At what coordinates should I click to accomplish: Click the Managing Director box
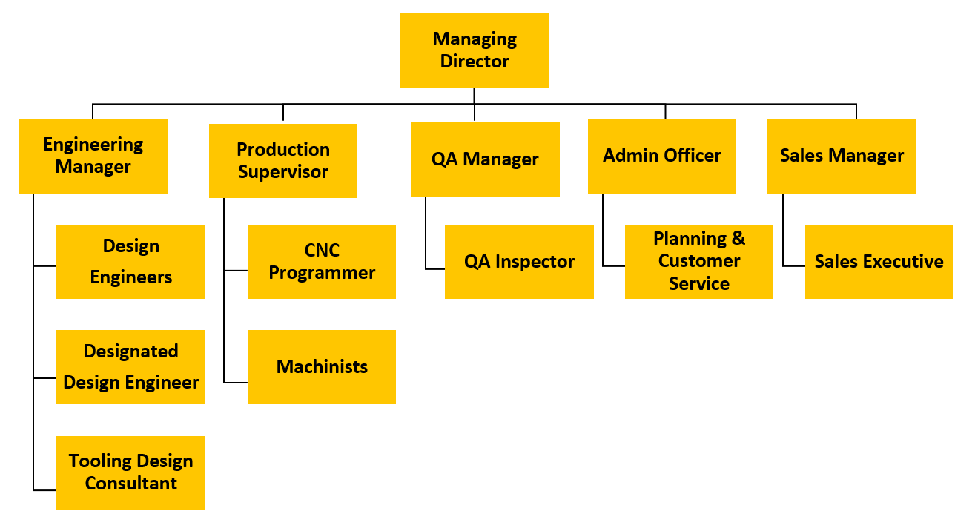pos(475,50)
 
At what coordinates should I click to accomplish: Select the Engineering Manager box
pos(93,156)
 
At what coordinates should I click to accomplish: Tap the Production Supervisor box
pos(283,160)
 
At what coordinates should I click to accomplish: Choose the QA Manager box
pos(485,159)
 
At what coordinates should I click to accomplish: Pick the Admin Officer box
pos(662,156)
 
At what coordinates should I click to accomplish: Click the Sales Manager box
pos(842,156)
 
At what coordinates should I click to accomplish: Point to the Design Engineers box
pos(130,262)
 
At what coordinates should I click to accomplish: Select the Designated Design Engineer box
pos(130,367)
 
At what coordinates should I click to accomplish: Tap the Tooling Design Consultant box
pos(130,472)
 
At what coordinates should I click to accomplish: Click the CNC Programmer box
pos(322,262)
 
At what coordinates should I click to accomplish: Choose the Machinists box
pos(322,367)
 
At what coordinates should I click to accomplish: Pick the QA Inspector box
pos(519,262)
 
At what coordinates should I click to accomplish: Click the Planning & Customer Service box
pos(699,262)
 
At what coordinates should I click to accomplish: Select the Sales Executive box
pos(879,262)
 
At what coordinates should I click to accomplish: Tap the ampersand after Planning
pos(738,239)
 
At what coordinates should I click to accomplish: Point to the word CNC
pos(322,251)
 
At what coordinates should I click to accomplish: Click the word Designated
pos(130,352)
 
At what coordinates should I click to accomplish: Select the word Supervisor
pos(283,172)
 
